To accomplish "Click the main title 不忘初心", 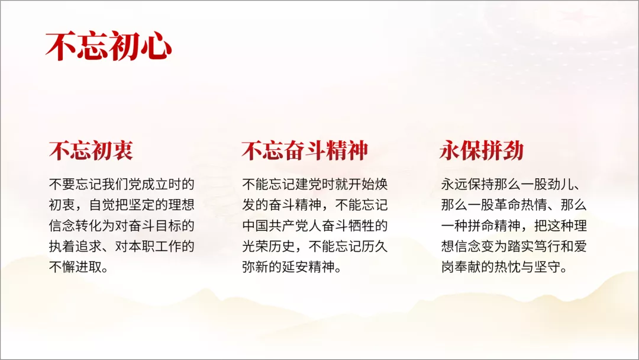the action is point(108,46).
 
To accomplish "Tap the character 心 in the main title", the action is point(156,46).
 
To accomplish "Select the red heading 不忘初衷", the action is point(91,150).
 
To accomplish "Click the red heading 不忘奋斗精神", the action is point(305,150).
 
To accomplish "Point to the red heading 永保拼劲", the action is point(482,150).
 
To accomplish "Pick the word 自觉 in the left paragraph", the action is point(102,205).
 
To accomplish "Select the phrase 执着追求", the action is point(75,246).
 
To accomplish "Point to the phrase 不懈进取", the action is point(75,267).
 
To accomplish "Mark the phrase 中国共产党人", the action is point(282,226).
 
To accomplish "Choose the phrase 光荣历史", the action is point(268,246).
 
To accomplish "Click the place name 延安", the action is point(295,267).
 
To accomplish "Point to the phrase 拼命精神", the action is point(494,226).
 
